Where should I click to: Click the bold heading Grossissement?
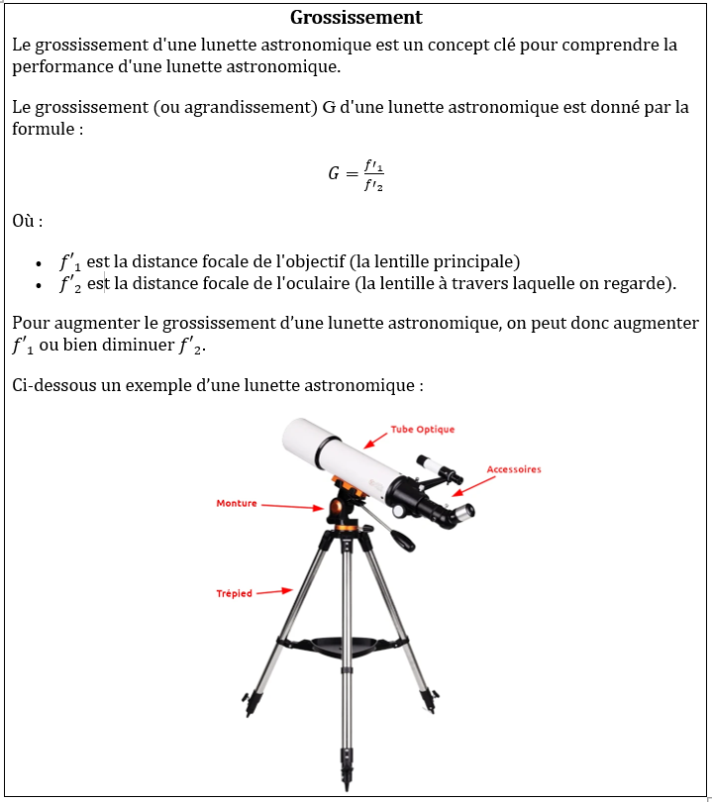[x=356, y=18]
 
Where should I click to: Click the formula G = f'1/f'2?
[x=356, y=173]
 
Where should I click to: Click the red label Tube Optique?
[x=423, y=430]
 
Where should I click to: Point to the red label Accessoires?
[x=514, y=469]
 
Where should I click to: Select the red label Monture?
[x=237, y=503]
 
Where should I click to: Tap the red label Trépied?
[x=235, y=594]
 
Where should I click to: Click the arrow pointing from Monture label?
[x=291, y=507]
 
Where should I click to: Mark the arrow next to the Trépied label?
[x=274, y=592]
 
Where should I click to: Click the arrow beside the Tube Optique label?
[x=375, y=441]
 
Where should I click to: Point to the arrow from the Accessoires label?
[x=473, y=483]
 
